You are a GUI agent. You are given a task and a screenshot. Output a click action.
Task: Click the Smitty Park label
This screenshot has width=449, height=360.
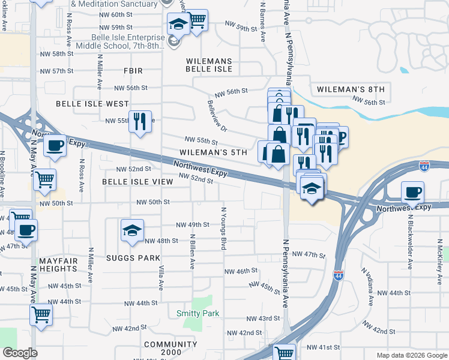pyautogui.click(x=197, y=313)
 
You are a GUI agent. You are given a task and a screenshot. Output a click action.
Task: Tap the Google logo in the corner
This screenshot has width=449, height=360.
pyautogui.click(x=19, y=353)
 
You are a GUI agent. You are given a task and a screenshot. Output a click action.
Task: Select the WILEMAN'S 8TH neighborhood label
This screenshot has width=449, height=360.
pyautogui.click(x=348, y=89)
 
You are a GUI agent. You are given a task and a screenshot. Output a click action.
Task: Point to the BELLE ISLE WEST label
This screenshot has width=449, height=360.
pyautogui.click(x=92, y=104)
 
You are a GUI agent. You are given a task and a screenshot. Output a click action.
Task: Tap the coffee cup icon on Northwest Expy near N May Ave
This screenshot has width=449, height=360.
pyautogui.click(x=55, y=145)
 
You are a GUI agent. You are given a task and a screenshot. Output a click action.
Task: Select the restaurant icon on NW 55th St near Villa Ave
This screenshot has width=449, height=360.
pyautogui.click(x=140, y=122)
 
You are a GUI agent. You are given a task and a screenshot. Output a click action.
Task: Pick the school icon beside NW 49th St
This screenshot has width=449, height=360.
pyautogui.click(x=132, y=230)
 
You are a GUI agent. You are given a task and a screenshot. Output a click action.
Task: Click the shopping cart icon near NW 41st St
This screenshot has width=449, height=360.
pyautogui.click(x=284, y=353)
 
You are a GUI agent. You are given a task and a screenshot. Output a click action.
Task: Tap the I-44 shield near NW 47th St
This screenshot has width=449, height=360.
pyautogui.click(x=338, y=275)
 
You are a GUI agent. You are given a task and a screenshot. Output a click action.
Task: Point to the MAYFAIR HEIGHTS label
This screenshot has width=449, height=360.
pyautogui.click(x=58, y=265)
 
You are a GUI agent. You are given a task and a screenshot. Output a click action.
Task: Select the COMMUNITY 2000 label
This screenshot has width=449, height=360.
pyautogui.click(x=170, y=344)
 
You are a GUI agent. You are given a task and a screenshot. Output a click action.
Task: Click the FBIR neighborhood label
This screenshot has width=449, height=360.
pyautogui.click(x=133, y=71)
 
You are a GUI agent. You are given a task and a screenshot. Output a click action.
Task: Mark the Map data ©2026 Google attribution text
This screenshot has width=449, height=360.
pyautogui.click(x=412, y=355)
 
